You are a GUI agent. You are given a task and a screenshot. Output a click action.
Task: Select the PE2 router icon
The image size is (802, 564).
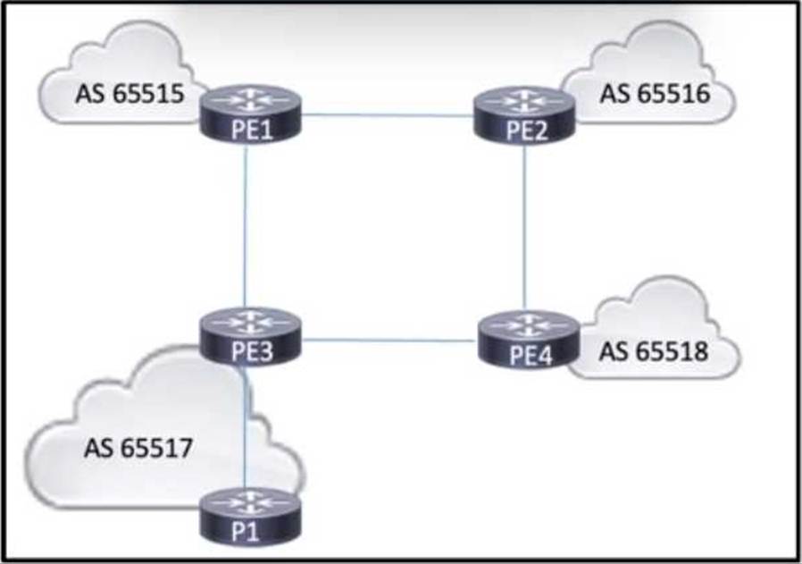(x=523, y=114)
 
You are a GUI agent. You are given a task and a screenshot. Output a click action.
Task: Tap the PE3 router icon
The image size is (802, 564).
(x=250, y=335)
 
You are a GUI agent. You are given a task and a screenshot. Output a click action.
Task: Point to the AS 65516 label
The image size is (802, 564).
(x=655, y=94)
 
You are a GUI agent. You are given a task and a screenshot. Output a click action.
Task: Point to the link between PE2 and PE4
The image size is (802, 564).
(x=524, y=228)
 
